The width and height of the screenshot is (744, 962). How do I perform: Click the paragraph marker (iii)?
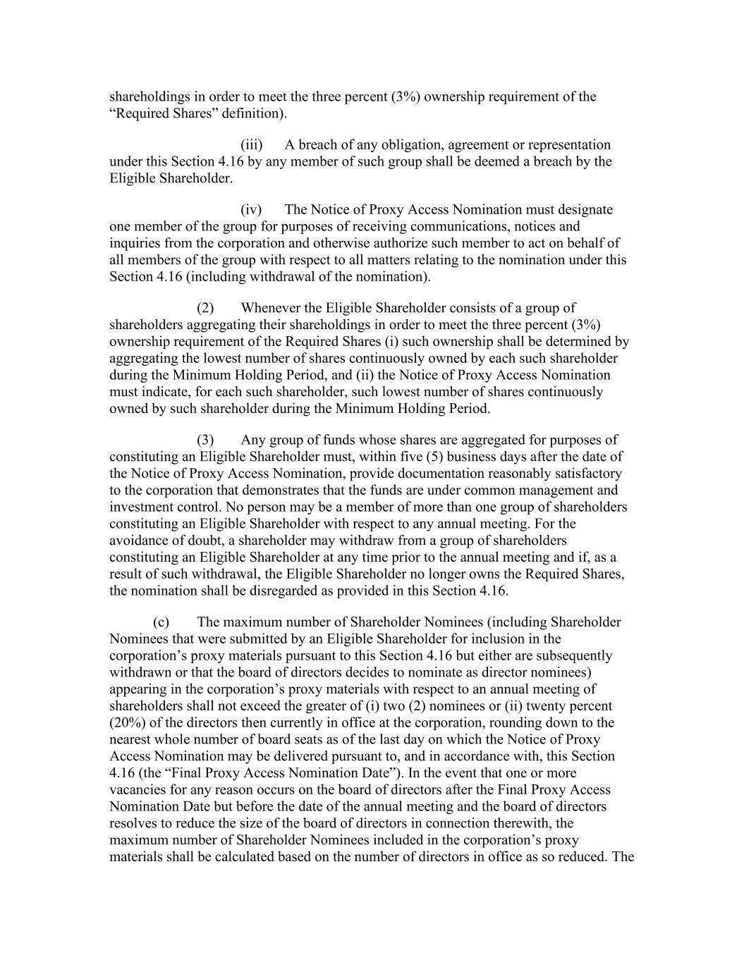251,145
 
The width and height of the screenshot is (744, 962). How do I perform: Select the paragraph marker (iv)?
251,210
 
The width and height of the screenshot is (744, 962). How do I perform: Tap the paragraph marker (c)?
161,622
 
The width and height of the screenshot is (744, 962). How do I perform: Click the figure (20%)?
126,723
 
